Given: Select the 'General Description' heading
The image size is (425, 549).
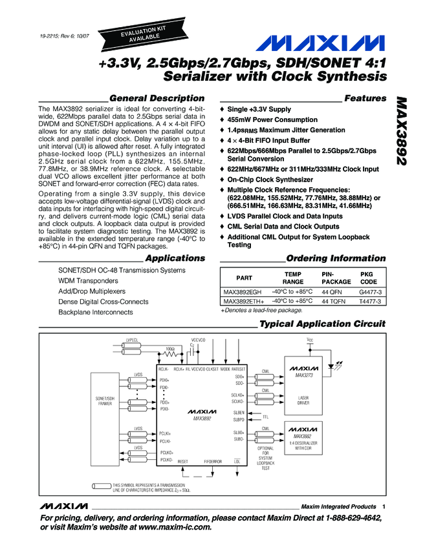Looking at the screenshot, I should [x=157, y=98].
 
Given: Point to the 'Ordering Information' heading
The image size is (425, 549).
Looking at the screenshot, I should [x=336, y=258].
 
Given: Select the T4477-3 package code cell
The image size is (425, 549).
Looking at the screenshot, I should [x=371, y=301].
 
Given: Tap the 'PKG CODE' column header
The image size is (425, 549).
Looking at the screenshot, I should [x=368, y=278].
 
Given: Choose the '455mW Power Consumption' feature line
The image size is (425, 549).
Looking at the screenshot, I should [x=272, y=119].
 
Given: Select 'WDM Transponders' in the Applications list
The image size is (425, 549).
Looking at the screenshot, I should [x=89, y=281].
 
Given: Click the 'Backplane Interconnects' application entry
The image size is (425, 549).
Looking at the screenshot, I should [x=96, y=312].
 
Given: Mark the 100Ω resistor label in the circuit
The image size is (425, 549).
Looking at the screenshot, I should [x=170, y=349].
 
